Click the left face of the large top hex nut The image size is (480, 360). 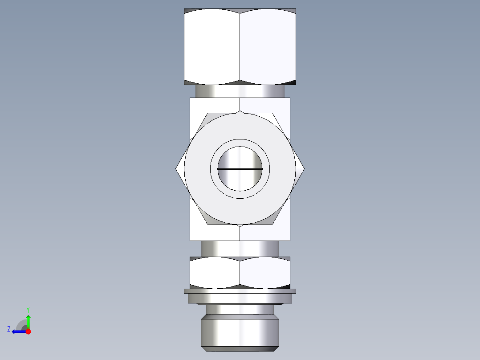tap(212, 47)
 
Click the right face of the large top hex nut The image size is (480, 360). tap(268, 47)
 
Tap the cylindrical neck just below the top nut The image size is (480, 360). tap(240, 91)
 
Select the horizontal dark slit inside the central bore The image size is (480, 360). tap(240, 169)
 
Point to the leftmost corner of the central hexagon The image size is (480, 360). tap(176, 169)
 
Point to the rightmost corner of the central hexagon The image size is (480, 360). tap(304, 169)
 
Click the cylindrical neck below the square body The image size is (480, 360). tap(240, 249)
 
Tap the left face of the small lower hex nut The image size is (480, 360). tap(215, 272)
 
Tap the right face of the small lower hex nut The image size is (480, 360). tap(265, 272)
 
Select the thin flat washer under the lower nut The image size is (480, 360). tap(240, 291)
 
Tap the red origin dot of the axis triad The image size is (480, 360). tap(28, 331)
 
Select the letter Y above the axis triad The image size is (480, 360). tap(28, 309)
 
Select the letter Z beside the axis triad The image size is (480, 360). tap(9, 329)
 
